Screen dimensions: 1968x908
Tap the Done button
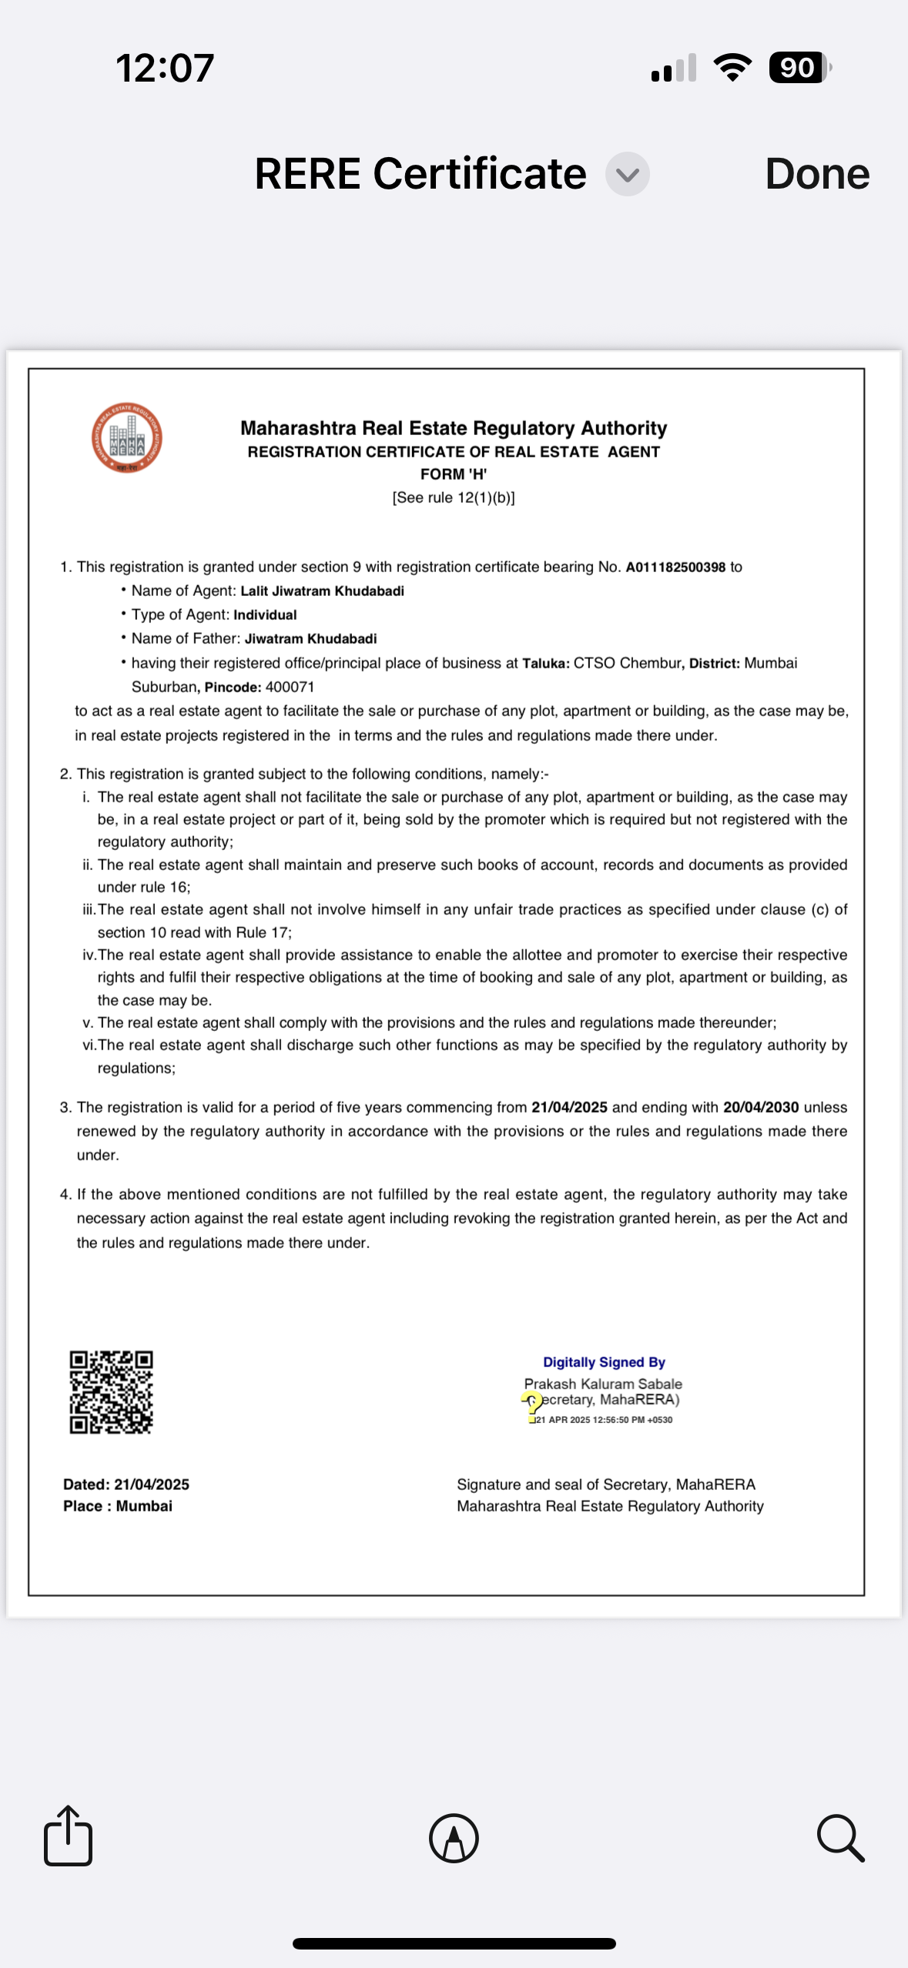[817, 174]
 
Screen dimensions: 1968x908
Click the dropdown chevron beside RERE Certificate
[628, 175]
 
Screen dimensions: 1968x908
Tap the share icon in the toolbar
[69, 1836]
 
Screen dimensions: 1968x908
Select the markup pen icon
[454, 1838]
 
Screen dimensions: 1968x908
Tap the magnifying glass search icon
[840, 1838]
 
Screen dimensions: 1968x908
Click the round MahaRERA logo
[127, 438]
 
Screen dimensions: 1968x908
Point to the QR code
[112, 1392]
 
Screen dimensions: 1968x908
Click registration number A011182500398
[675, 567]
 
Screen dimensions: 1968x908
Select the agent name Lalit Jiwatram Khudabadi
[322, 591]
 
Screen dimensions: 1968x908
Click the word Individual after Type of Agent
[265, 615]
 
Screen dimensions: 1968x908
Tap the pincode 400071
[290, 687]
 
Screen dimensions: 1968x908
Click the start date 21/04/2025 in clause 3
[569, 1107]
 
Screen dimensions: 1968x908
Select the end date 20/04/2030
[760, 1107]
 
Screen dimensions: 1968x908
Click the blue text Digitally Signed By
[604, 1362]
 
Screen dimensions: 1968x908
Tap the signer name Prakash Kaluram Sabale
[603, 1384]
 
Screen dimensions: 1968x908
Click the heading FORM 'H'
[453, 474]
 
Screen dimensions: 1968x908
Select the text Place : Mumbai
[118, 1506]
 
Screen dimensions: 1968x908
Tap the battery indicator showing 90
[799, 68]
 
